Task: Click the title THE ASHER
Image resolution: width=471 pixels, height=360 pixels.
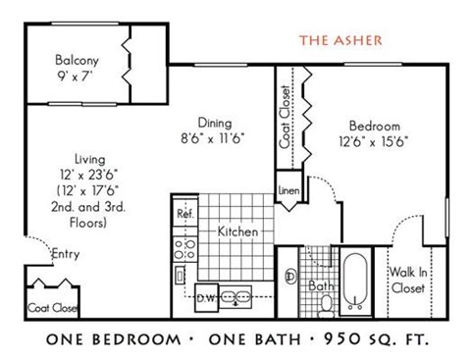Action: point(342,40)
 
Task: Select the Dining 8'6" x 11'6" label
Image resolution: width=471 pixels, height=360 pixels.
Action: point(213,124)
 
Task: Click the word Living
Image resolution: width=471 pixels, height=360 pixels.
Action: point(87,159)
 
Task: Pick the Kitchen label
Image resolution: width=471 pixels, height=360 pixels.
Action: point(237,232)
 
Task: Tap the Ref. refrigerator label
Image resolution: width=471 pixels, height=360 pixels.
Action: point(183,213)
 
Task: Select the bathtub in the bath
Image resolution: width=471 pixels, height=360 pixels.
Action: point(355,279)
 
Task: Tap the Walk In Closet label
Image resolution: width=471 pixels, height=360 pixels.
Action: point(407,282)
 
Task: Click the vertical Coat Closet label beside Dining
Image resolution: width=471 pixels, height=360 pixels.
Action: point(286,117)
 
